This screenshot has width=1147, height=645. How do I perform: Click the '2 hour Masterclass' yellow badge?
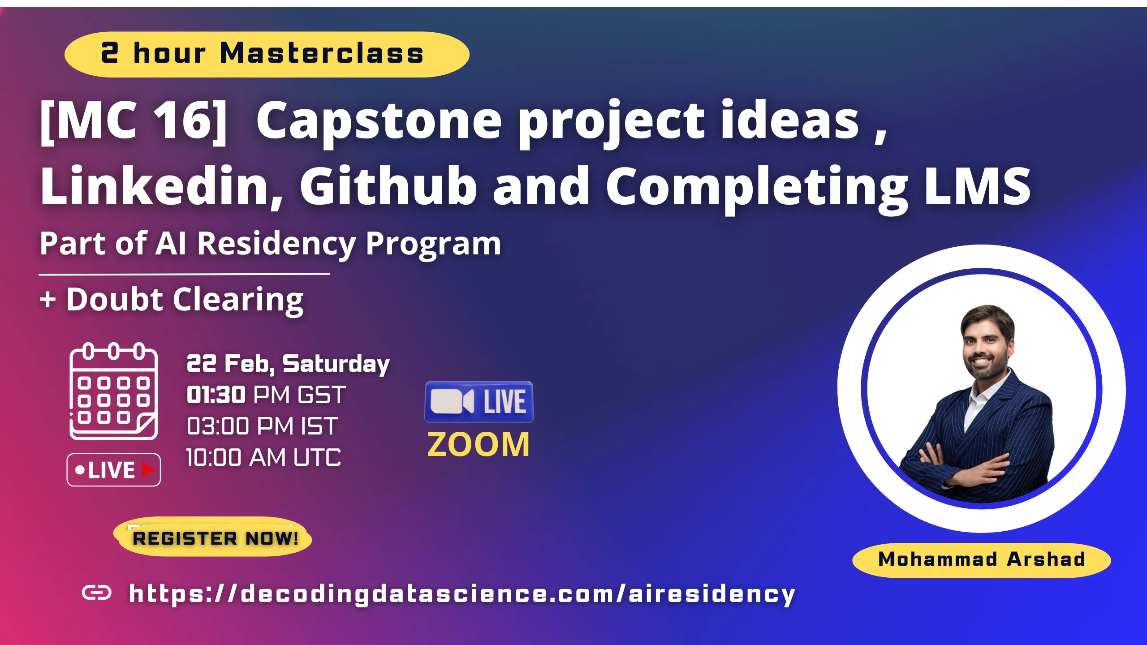click(267, 54)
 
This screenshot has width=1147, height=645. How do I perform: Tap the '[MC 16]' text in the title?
click(134, 121)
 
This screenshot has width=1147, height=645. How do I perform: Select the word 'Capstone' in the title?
click(379, 121)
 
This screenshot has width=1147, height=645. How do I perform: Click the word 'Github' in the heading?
click(388, 186)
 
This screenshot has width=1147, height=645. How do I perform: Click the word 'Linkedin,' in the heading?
click(161, 186)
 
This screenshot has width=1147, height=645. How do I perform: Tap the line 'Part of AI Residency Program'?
click(270, 244)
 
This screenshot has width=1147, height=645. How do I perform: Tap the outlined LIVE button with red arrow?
click(113, 470)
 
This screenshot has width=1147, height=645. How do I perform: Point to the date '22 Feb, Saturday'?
click(288, 364)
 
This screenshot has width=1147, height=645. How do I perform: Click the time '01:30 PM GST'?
click(266, 395)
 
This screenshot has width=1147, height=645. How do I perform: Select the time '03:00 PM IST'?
click(262, 426)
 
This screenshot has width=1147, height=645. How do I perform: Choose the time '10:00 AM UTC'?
click(263, 457)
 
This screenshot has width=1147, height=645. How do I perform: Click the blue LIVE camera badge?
click(479, 402)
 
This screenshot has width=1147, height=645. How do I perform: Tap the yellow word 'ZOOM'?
click(479, 445)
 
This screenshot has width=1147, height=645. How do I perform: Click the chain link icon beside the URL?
click(97, 593)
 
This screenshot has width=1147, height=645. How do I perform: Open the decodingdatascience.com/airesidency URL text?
click(461, 594)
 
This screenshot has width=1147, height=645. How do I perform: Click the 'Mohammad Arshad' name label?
click(981, 559)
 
